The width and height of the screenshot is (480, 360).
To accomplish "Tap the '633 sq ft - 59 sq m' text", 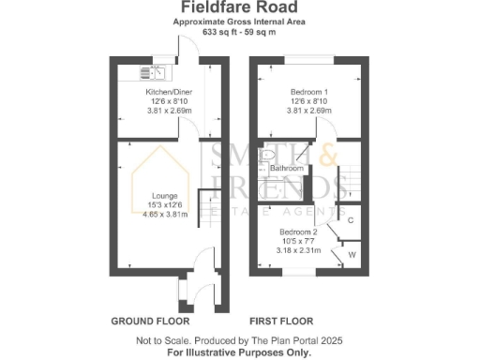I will click(239, 32).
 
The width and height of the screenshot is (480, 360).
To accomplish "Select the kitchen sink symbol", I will click(153, 71).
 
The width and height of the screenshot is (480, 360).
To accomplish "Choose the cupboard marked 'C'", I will click(350, 221).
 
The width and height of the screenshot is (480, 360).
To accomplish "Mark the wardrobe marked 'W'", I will click(352, 253).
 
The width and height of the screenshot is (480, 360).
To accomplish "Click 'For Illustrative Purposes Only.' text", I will click(239, 353).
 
